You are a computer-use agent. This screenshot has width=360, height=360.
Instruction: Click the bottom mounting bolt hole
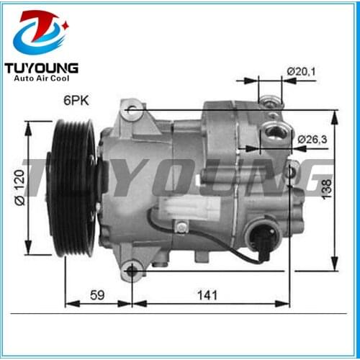click(132, 271)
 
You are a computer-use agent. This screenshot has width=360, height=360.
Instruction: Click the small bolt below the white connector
click(183, 228)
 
